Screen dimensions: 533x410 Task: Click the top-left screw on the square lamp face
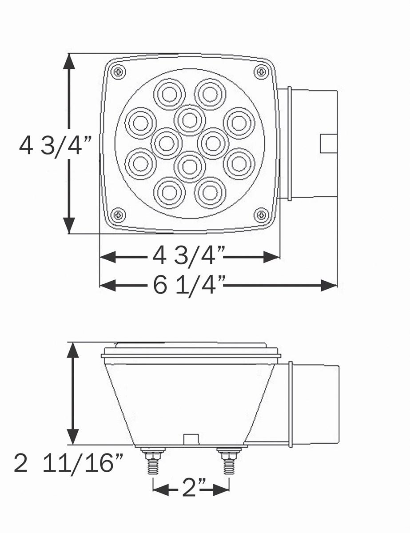[x=118, y=72]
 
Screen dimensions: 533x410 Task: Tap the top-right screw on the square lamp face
[x=261, y=72]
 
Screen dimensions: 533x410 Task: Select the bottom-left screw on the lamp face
[x=118, y=215]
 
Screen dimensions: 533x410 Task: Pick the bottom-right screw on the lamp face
[x=261, y=215]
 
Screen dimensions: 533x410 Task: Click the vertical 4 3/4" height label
[x=55, y=145]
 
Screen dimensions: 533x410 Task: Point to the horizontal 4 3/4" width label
[x=188, y=256]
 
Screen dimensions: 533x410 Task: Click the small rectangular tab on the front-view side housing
[x=329, y=143]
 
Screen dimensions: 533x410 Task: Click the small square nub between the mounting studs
[x=191, y=439]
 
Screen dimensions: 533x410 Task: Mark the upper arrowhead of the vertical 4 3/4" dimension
[x=69, y=61]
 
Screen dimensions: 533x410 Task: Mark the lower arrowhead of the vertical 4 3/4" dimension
[x=69, y=226]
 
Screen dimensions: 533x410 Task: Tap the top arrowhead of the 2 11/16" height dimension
[x=72, y=350]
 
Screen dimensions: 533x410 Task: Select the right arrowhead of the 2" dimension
[x=222, y=490]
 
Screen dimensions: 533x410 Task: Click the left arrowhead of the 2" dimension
[x=160, y=490]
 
